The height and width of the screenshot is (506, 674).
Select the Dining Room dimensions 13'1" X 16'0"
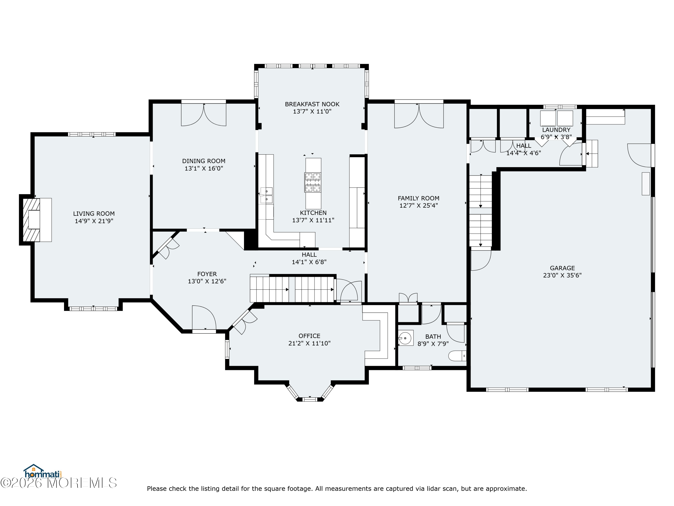[204, 168]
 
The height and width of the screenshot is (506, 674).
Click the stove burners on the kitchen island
[313, 182]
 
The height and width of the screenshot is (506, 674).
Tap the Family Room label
[419, 198]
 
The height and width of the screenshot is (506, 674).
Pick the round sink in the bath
[405, 338]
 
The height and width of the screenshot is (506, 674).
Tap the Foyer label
[207, 274]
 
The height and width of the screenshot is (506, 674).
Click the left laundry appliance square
[548, 118]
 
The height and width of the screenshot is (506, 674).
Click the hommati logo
[43, 472]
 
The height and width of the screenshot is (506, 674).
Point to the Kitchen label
[313, 213]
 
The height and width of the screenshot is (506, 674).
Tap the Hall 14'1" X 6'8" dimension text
[309, 262]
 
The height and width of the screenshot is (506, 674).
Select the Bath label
[433, 337]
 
